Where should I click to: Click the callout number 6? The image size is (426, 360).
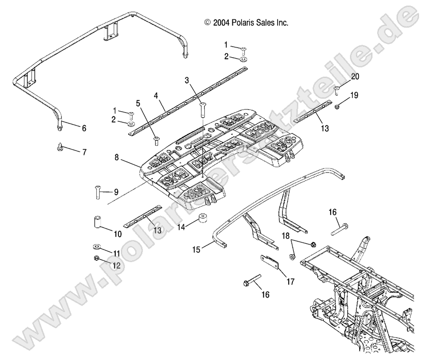(x=83, y=129)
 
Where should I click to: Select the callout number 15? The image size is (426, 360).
(x=197, y=249)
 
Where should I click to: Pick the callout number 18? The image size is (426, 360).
(x=286, y=235)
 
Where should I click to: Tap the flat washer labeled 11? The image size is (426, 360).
(x=98, y=246)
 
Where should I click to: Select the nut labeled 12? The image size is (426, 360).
(x=97, y=258)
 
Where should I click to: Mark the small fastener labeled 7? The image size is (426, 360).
(x=61, y=147)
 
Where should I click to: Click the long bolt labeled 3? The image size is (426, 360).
(x=201, y=110)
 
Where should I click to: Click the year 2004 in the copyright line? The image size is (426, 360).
(x=222, y=22)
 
